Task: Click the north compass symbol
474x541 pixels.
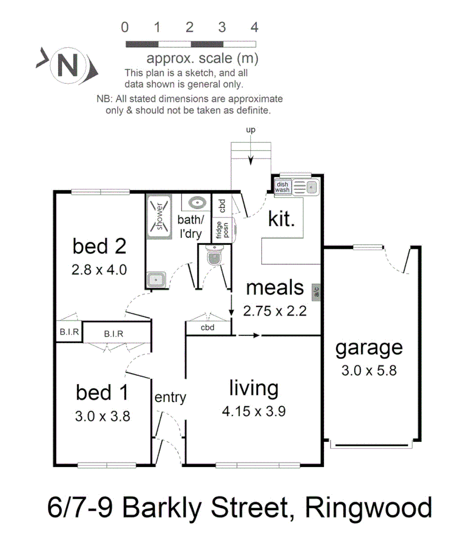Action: pyautogui.click(x=67, y=65)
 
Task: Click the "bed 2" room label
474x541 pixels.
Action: pyautogui.click(x=99, y=246)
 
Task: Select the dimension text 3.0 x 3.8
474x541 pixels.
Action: pyautogui.click(x=102, y=415)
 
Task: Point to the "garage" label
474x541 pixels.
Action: pyautogui.click(x=369, y=348)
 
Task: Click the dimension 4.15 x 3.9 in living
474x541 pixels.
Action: pyautogui.click(x=254, y=411)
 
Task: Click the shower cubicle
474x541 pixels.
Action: pyautogui.click(x=159, y=216)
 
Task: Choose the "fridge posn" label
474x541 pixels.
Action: pyautogui.click(x=222, y=229)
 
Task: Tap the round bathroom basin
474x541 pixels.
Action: pyautogui.click(x=197, y=202)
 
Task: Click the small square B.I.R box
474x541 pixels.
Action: pyautogui.click(x=69, y=332)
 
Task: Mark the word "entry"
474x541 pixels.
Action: pyautogui.click(x=170, y=397)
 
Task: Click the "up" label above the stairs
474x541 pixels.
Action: pyautogui.click(x=250, y=130)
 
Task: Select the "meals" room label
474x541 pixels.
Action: pyautogui.click(x=275, y=287)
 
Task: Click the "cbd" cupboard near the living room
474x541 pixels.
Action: pyautogui.click(x=207, y=328)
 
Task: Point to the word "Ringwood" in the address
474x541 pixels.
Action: pyautogui.click(x=368, y=508)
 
